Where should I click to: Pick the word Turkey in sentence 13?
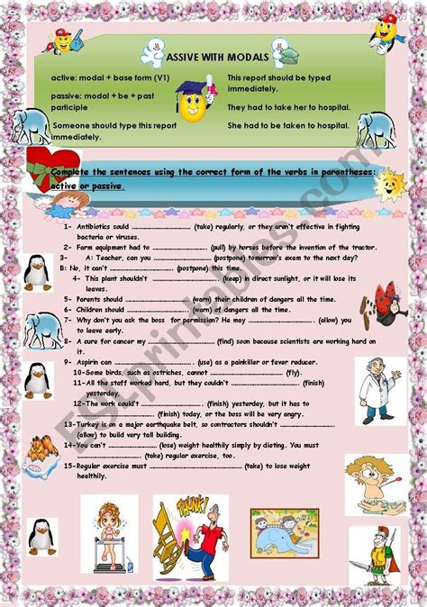coord(93,423)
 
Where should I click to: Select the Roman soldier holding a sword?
coord(374,555)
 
